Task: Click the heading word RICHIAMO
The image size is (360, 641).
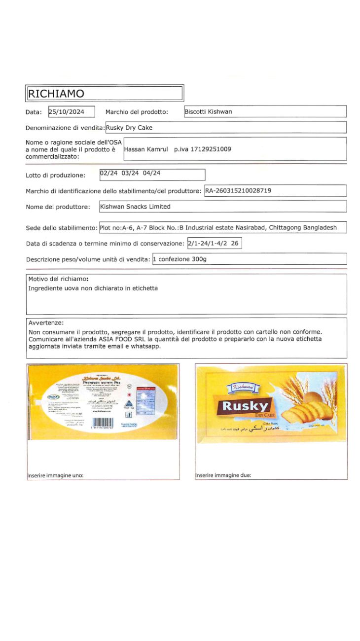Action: tap(56, 94)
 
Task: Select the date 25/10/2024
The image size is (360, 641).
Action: tap(67, 112)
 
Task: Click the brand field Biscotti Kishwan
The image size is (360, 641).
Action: tap(208, 112)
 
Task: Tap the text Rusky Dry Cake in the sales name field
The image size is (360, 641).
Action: tap(129, 128)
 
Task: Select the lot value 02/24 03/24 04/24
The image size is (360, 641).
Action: tap(130, 174)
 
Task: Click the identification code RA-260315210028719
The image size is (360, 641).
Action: tap(238, 190)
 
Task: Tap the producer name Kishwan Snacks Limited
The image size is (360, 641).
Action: tap(135, 207)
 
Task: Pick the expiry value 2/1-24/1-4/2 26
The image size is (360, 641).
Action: tap(214, 244)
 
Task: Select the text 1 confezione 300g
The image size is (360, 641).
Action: tap(180, 259)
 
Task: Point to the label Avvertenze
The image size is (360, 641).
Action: tap(46, 322)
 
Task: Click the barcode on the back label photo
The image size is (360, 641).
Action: tap(103, 423)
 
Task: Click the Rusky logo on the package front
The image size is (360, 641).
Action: tap(246, 406)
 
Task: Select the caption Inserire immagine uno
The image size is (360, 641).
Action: tap(55, 476)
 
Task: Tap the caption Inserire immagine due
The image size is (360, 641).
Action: tap(223, 476)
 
